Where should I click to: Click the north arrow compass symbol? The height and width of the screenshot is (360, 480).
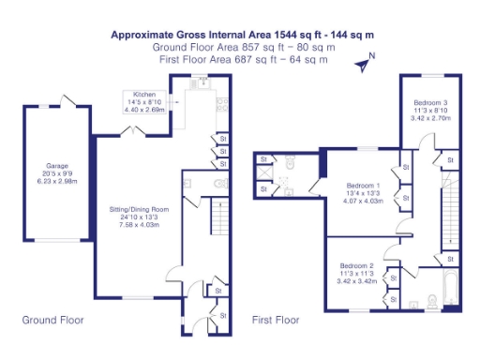coord(364,63)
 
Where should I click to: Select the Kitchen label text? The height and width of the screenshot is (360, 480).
coord(144,95)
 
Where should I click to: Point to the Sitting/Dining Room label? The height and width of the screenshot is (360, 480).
coord(139,208)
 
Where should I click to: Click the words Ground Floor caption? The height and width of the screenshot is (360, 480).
coord(52,321)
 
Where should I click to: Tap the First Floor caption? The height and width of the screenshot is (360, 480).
coord(276,321)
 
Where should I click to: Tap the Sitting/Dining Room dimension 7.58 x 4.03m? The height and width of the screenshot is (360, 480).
coord(139,225)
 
